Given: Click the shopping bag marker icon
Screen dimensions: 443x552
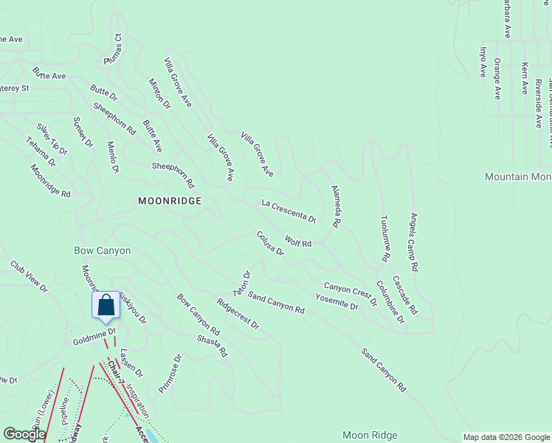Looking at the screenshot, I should (x=106, y=305).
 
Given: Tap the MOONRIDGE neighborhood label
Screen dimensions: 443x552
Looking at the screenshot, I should (x=170, y=201).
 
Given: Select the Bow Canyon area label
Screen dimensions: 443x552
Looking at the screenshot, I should (x=103, y=250).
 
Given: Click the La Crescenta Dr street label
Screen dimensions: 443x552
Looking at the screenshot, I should (x=289, y=210).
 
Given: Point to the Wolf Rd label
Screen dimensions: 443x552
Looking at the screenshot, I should (x=298, y=241).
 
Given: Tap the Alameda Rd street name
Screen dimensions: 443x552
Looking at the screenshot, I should (x=336, y=206).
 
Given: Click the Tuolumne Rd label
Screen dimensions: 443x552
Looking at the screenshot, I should (x=384, y=239).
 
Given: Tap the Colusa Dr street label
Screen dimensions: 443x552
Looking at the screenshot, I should (x=270, y=243).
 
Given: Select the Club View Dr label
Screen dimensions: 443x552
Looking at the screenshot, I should (x=30, y=276).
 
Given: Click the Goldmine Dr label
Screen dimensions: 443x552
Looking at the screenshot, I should (x=94, y=338).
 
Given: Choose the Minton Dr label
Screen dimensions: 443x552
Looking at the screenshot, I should (x=159, y=95).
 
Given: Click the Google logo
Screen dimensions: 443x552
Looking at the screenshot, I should (x=24, y=434).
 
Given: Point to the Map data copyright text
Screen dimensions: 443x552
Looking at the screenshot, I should (x=506, y=437).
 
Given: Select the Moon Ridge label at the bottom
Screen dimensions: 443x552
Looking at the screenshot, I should (x=370, y=435).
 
